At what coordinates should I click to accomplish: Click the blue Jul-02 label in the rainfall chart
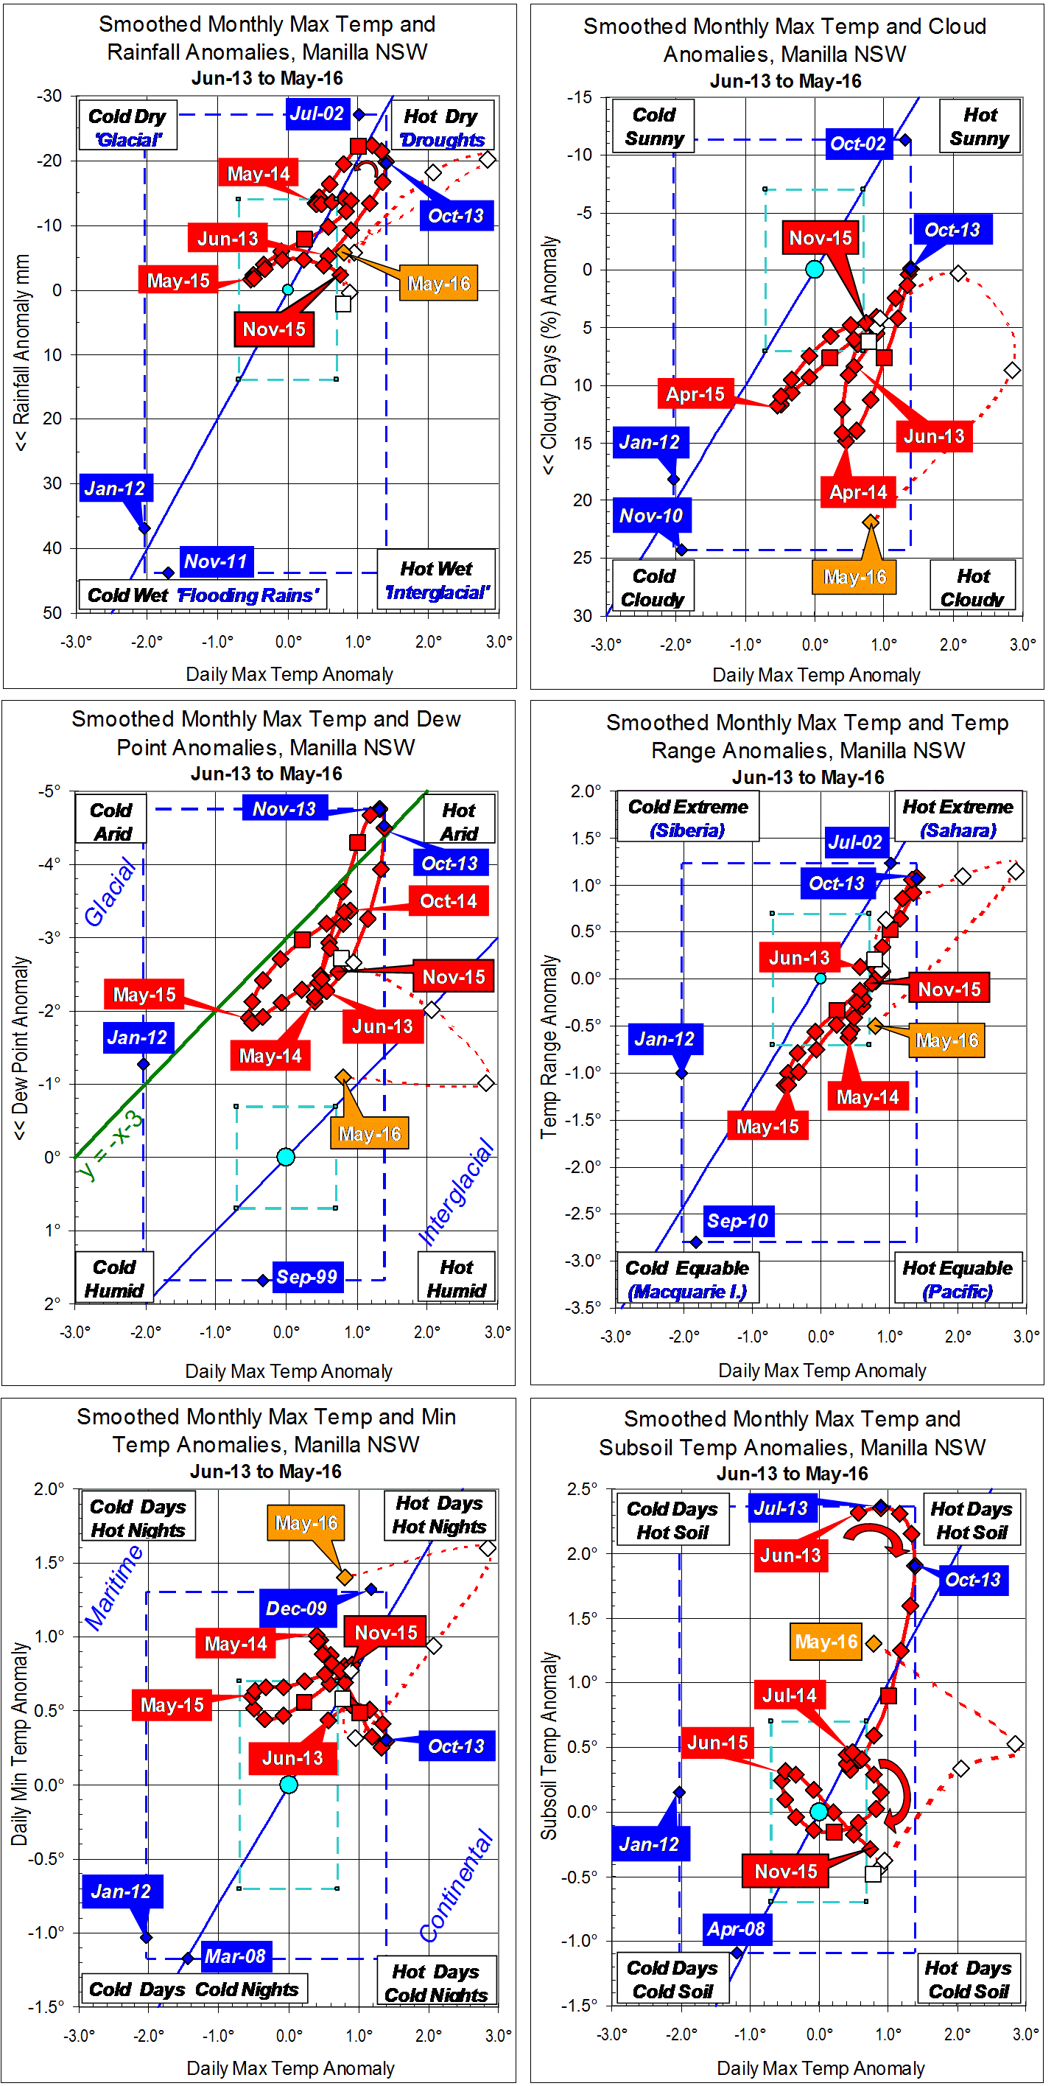tap(317, 113)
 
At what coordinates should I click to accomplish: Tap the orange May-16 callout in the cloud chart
tap(854, 576)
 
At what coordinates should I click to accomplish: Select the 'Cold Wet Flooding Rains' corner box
tap(203, 595)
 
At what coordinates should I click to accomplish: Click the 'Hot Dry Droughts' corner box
tap(442, 127)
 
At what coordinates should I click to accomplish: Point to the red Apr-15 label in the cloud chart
tap(695, 394)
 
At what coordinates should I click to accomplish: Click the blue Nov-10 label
tap(651, 515)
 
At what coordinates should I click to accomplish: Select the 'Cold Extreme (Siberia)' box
tap(688, 818)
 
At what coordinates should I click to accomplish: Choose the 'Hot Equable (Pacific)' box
tap(958, 1278)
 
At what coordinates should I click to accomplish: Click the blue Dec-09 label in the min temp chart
tap(296, 1609)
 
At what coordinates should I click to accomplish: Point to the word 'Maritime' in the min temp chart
tap(114, 1587)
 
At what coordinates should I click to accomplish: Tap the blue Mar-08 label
tap(235, 1956)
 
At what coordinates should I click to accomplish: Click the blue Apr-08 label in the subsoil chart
tap(735, 1929)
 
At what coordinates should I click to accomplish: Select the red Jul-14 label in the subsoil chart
tap(790, 1695)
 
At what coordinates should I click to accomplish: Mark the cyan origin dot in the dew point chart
tap(286, 1156)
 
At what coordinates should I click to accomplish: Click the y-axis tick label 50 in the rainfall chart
tap(52, 613)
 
